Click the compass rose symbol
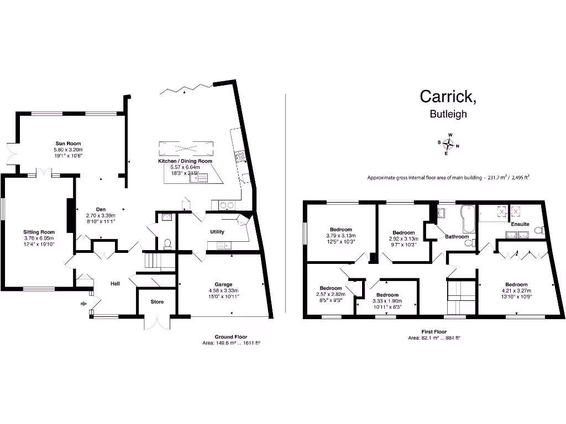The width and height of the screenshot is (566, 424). click(x=449, y=144)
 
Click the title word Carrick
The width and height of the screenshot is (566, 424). click(x=448, y=96)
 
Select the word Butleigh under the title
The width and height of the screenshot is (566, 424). click(x=448, y=114)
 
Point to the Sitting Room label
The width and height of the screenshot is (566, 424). click(x=39, y=232)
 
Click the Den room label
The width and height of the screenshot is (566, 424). click(x=101, y=209)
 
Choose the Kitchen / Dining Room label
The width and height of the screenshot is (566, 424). click(x=185, y=161)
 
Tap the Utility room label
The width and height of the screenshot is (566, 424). click(x=217, y=232)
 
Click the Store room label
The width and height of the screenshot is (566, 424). click(x=157, y=302)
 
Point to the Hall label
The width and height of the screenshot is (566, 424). click(x=115, y=283)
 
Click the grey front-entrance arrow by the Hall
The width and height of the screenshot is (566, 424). click(x=83, y=303)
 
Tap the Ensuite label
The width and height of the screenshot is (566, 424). click(x=520, y=224)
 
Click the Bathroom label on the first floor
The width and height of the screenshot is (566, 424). click(x=457, y=237)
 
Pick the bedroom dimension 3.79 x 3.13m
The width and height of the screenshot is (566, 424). click(x=340, y=235)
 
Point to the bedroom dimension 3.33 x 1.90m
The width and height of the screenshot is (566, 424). click(x=387, y=301)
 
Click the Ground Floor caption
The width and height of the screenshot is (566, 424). click(x=231, y=337)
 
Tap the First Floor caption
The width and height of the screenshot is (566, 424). click(x=433, y=332)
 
